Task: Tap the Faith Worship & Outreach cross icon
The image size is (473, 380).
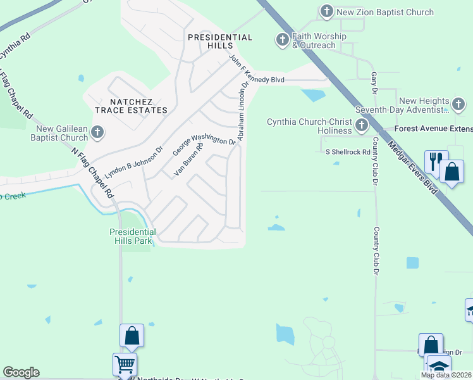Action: pos(282,41)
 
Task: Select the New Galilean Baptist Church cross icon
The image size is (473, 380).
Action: pos(97,132)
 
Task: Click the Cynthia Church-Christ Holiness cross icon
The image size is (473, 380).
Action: pos(362,125)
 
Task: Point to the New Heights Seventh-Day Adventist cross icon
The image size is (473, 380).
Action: pos(458,104)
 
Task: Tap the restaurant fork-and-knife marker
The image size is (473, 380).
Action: pos(436,163)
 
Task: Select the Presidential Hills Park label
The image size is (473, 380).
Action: pos(132,236)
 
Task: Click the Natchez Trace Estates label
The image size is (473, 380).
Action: pos(131,106)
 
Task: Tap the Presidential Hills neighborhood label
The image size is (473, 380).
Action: pos(220,38)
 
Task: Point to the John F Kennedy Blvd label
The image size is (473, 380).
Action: pos(264,80)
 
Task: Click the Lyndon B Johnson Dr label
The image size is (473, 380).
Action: pos(134,162)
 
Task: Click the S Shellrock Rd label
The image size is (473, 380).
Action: pos(348,152)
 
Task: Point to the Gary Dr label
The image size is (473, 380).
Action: pos(374,82)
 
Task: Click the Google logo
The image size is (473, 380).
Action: pos(21,372)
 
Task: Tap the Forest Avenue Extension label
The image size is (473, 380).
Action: pos(433,129)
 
